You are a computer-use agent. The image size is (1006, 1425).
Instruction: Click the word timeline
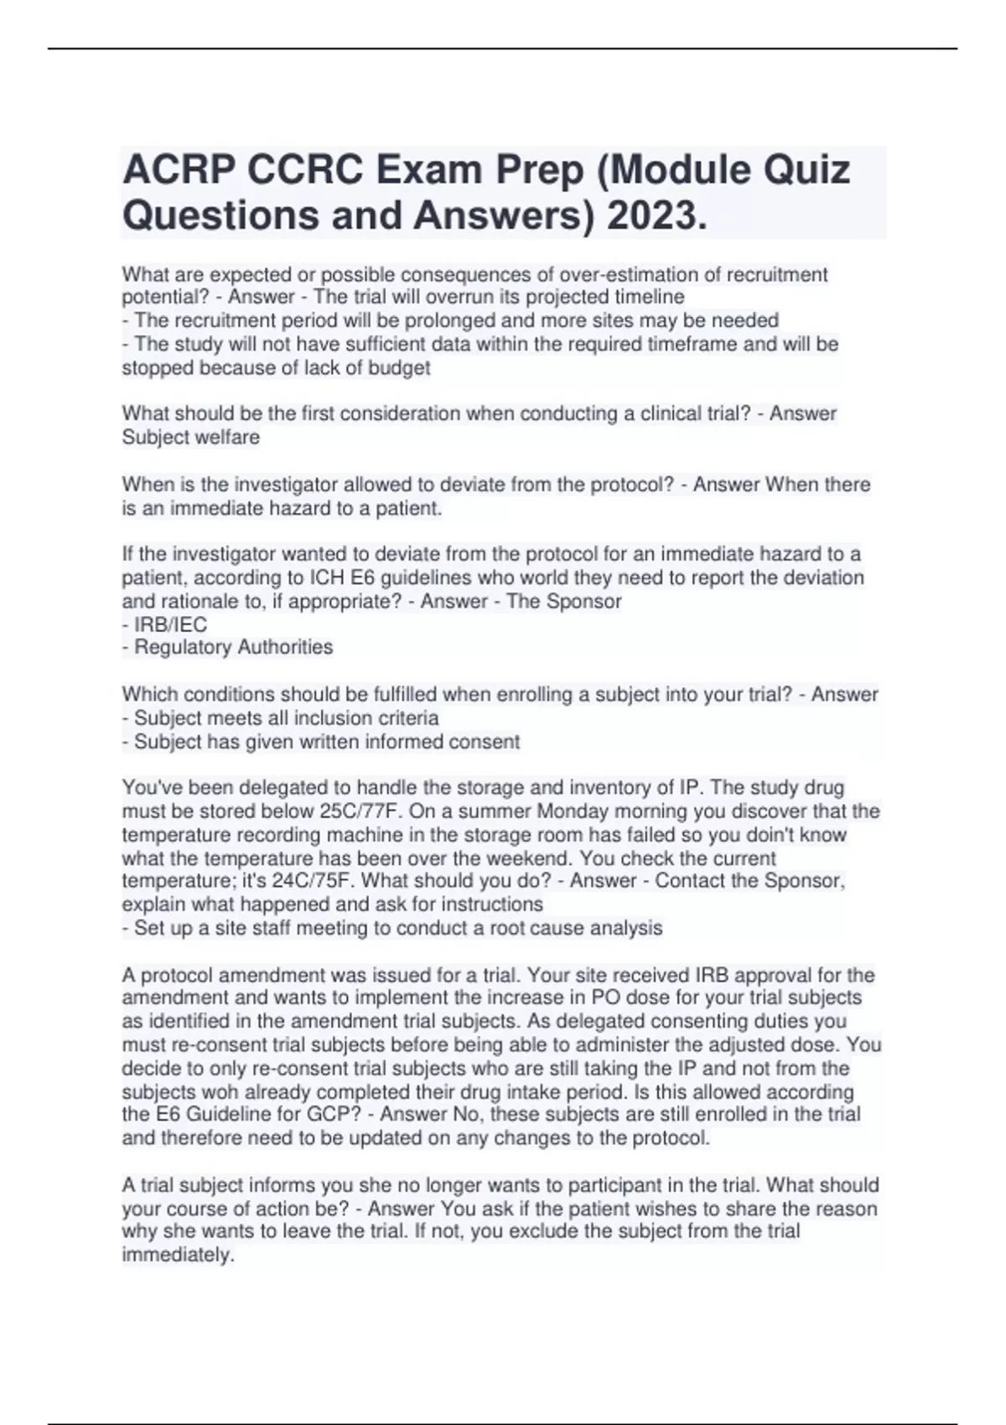coord(651,297)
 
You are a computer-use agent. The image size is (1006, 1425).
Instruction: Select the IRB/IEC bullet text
coord(170,624)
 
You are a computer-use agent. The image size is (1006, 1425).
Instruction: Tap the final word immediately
coord(177,1255)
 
